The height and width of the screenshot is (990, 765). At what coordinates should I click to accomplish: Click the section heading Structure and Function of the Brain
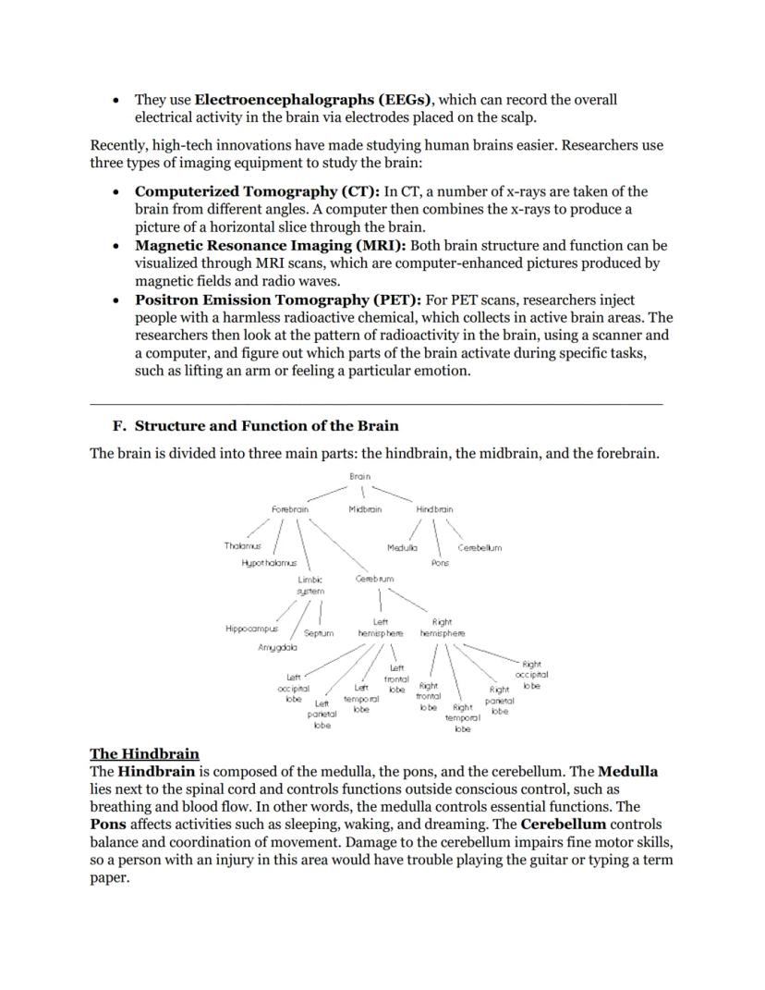tap(266, 426)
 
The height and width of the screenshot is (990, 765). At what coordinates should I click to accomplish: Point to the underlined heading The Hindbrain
tap(144, 753)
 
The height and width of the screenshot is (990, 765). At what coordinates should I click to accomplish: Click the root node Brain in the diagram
tap(360, 476)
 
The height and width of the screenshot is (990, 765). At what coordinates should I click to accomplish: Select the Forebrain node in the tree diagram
tap(290, 509)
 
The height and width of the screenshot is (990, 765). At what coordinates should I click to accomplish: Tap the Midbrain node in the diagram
tap(365, 509)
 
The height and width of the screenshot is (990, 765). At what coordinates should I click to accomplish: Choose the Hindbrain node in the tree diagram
tap(434, 509)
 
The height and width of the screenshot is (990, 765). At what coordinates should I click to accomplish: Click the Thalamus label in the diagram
tap(243, 546)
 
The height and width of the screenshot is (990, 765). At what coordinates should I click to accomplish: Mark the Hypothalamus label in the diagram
tap(270, 562)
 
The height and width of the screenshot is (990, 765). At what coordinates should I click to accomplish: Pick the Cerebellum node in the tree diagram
tap(480, 547)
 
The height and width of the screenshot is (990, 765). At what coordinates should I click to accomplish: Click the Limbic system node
tap(310, 584)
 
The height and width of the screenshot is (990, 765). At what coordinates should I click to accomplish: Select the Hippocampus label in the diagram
tap(251, 629)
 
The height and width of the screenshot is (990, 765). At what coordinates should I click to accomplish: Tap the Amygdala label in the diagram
tap(276, 648)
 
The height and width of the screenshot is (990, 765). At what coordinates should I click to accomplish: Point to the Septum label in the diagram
tap(319, 633)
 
